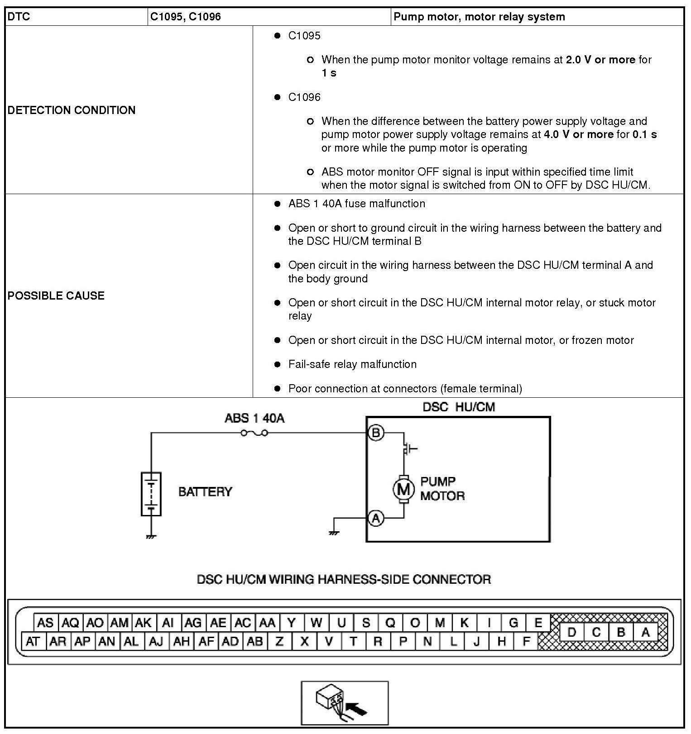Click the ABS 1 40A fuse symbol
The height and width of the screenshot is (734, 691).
254,433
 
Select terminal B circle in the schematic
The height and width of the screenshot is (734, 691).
375,433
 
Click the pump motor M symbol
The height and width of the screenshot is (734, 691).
403,489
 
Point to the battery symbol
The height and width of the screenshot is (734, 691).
151,494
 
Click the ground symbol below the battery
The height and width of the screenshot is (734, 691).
151,537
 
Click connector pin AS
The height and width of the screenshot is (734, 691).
45,623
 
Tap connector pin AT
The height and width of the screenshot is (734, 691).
33,641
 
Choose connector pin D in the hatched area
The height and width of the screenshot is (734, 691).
571,632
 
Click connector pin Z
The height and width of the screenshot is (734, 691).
279,641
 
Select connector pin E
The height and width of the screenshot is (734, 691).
538,623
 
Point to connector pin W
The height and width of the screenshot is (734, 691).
316,623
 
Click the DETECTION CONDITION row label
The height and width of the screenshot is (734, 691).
72,110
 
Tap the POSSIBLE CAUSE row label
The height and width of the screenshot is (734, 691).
56,296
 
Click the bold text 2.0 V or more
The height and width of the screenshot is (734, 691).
600,60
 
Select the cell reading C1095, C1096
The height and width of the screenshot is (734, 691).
186,17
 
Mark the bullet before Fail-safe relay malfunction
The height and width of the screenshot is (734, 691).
278,364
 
